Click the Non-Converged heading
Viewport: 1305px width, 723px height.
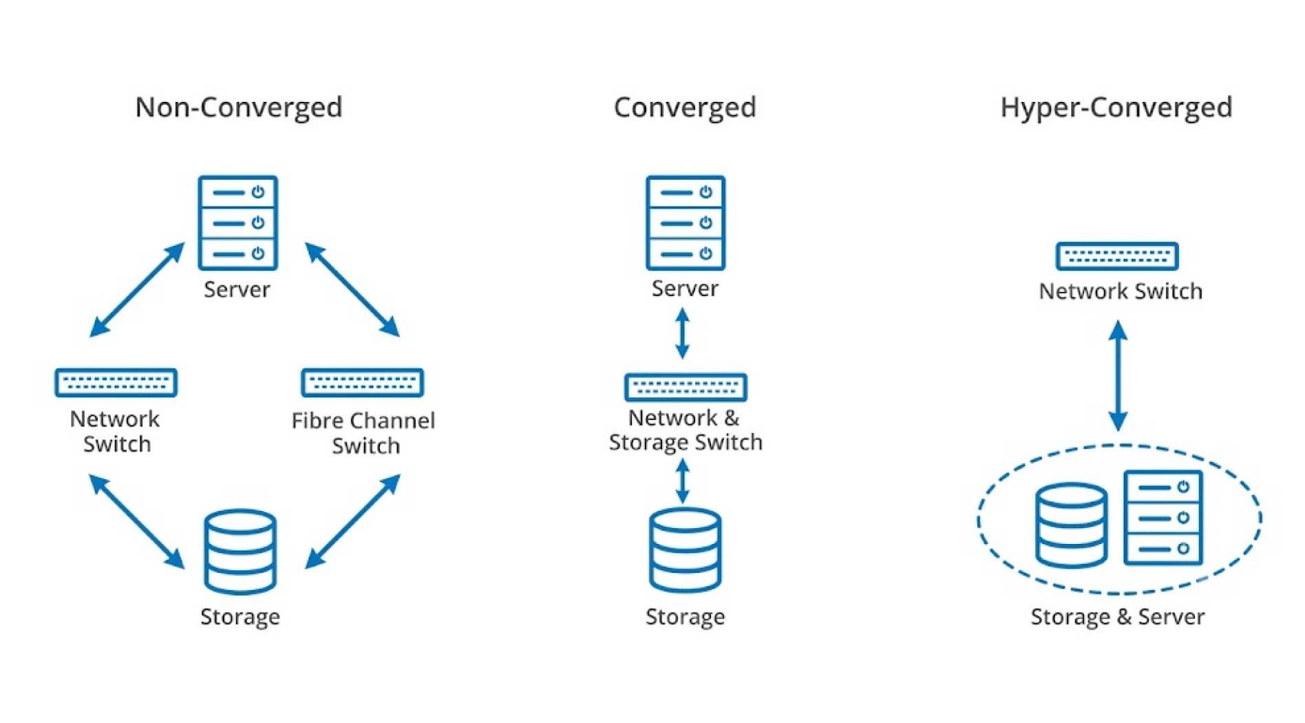tap(239, 108)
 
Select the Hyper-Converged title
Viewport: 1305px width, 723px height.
tap(1116, 108)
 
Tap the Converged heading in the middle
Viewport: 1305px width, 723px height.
tap(685, 108)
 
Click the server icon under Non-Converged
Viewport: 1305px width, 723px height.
tap(238, 222)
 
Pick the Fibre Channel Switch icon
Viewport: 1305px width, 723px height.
tap(363, 383)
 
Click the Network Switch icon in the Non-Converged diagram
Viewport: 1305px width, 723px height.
tap(116, 383)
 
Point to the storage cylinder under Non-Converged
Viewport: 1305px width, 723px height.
tap(240, 552)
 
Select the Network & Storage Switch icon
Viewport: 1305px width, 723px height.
tap(686, 387)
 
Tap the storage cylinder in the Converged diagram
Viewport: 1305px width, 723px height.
tap(686, 550)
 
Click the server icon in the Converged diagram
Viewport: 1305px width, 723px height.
tap(686, 222)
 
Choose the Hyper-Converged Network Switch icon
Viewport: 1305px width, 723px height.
tap(1117, 256)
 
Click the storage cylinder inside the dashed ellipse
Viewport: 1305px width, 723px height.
tap(1072, 525)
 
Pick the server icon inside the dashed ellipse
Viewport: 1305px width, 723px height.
tap(1163, 518)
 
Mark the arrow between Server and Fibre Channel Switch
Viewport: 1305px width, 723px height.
tap(352, 289)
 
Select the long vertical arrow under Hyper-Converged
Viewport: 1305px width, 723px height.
tap(1118, 376)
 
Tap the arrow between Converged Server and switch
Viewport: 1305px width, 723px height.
tap(682, 334)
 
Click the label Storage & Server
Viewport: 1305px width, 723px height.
tap(1117, 617)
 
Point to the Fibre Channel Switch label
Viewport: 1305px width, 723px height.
tap(363, 433)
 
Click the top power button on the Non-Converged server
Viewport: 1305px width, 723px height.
tap(258, 192)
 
